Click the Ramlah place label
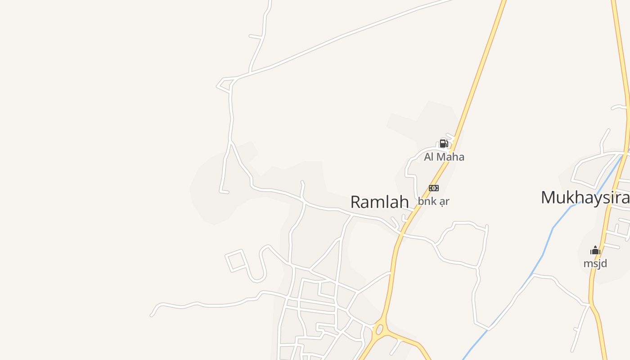click(x=379, y=202)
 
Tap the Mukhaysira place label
click(x=585, y=198)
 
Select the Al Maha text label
click(x=444, y=157)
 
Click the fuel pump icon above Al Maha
click(x=444, y=144)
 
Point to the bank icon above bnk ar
click(x=434, y=188)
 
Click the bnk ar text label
click(x=433, y=201)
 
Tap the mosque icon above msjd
click(x=595, y=251)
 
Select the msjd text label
click(x=595, y=263)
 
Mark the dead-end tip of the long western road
click(x=152, y=315)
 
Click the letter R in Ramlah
click(x=355, y=202)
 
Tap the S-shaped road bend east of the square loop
click(x=261, y=265)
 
